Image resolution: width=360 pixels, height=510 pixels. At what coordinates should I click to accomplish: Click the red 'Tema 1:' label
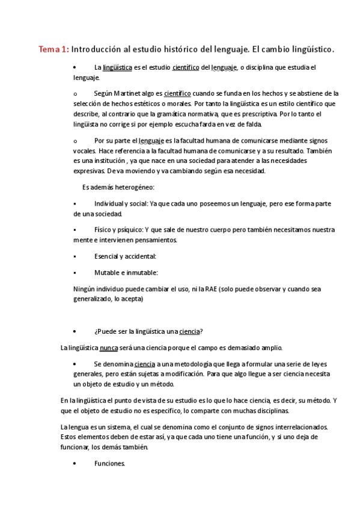(x=53, y=50)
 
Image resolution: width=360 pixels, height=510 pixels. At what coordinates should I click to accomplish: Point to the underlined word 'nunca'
(x=109, y=348)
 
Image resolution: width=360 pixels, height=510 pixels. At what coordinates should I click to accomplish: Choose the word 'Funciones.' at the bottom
(x=110, y=463)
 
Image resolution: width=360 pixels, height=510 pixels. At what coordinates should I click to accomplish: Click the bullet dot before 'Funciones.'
(x=73, y=464)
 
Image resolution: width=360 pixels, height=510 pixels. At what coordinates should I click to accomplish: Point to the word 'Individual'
(x=111, y=204)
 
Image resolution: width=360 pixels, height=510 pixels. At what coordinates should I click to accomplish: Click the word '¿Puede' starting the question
(x=105, y=331)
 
